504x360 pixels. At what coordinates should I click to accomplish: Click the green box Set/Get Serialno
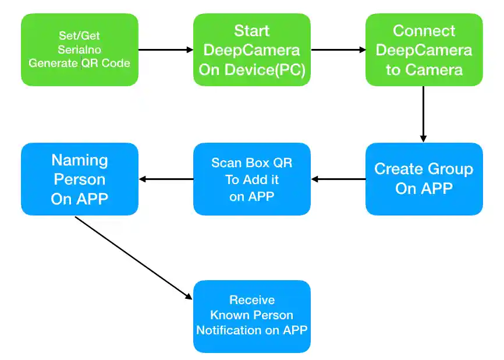pyautogui.click(x=80, y=50)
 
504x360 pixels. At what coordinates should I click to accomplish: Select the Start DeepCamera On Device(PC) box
pyautogui.click(x=251, y=50)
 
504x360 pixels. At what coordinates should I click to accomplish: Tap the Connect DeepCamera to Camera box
pyautogui.click(x=424, y=50)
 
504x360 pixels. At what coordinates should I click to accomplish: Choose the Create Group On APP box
pyautogui.click(x=424, y=179)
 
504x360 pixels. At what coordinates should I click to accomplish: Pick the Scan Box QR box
pyautogui.click(x=251, y=179)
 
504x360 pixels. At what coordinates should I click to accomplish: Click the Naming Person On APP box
pyautogui.click(x=80, y=179)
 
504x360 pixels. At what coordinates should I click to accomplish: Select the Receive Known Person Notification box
pyautogui.click(x=251, y=316)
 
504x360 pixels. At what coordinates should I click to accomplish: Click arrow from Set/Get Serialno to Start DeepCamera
pyautogui.click(x=166, y=50)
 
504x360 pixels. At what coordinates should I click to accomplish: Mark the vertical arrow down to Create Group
pyautogui.click(x=424, y=114)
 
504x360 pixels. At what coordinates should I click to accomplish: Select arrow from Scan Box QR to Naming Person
pyautogui.click(x=166, y=179)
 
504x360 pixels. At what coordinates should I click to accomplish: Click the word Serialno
pyautogui.click(x=80, y=50)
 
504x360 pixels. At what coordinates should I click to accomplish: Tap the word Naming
pyautogui.click(x=80, y=160)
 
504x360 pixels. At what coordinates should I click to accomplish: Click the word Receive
pyautogui.click(x=251, y=301)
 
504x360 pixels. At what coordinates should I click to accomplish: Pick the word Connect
pyautogui.click(x=424, y=31)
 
